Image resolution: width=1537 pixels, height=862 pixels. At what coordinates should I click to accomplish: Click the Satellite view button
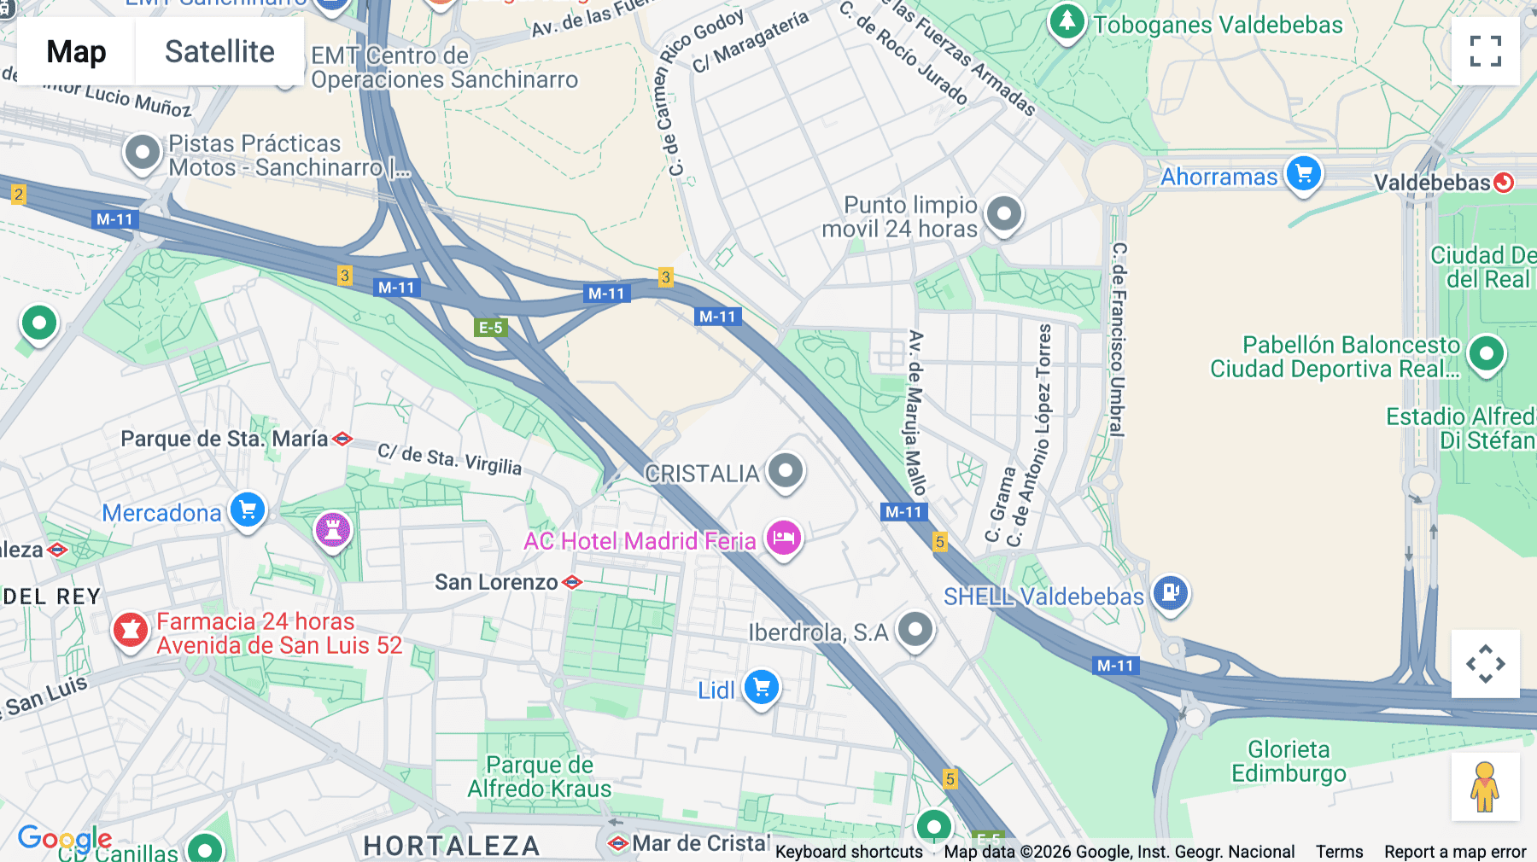(219, 51)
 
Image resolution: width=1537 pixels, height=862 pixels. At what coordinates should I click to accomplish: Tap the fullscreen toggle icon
(1485, 51)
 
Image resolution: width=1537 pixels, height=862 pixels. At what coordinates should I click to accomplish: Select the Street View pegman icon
(1485, 787)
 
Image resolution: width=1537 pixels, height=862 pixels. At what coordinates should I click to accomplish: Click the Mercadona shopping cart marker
(248, 510)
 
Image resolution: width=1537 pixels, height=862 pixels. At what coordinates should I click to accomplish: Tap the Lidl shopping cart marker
(762, 687)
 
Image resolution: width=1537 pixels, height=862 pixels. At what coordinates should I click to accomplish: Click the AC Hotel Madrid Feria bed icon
(783, 539)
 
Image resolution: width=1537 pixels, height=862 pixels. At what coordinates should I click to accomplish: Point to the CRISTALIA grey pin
(786, 470)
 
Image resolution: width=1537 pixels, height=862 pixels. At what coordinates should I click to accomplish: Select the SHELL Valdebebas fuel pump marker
(1171, 591)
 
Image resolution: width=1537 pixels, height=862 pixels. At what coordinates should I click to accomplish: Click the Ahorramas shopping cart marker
(1303, 174)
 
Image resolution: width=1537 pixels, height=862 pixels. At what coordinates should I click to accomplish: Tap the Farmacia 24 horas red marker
(131, 631)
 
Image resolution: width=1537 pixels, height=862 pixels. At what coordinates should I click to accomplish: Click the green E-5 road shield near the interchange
(491, 328)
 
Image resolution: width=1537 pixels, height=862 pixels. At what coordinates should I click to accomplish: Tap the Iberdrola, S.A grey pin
(915, 630)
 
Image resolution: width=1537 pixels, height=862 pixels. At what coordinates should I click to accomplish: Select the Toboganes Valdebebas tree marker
(1067, 22)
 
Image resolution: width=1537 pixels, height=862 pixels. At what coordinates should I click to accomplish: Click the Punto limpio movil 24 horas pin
(1004, 213)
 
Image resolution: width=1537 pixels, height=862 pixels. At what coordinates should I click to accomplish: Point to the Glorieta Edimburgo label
(1289, 761)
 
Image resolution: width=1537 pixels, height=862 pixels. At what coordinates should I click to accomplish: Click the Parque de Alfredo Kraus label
(539, 777)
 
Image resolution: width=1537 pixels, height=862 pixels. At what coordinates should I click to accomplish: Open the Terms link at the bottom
(1339, 851)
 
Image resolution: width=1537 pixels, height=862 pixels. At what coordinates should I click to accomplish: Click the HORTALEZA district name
(452, 846)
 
